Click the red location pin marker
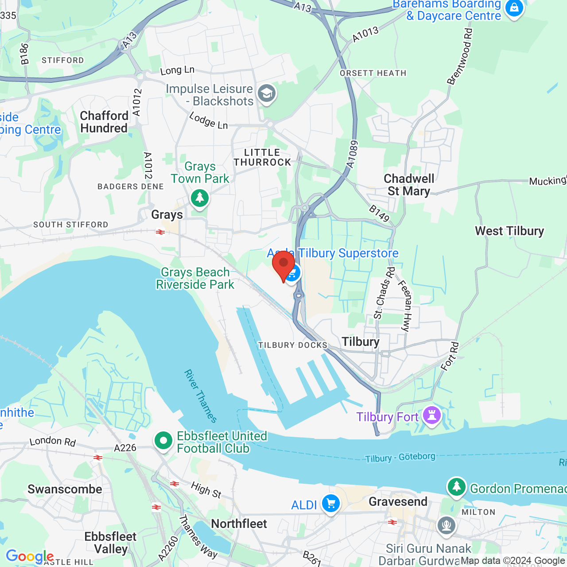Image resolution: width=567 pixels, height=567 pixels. coord(283,264)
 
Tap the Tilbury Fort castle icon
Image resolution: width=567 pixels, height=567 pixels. coord(432,416)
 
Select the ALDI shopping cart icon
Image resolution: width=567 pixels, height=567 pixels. coord(330,504)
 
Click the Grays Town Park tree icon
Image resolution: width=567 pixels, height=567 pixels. coord(200,198)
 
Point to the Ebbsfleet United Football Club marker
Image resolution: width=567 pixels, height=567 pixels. coord(163,441)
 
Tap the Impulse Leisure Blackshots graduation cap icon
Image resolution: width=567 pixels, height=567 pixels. coord(267,93)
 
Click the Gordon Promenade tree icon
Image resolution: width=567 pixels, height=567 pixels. coord(456,487)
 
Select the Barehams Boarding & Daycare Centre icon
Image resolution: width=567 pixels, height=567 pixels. coord(514,8)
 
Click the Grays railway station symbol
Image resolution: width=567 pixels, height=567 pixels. coord(160,232)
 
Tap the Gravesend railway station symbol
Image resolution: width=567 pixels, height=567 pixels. coord(392,522)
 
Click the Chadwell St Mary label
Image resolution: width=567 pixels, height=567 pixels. coord(409,185)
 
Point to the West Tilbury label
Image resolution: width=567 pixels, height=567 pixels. coord(509,231)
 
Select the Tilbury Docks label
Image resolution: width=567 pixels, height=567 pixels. coord(293,345)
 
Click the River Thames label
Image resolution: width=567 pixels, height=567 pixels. coord(201,396)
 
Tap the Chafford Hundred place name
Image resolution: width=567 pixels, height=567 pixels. coord(104,122)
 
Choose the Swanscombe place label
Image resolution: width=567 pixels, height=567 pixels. coord(65,489)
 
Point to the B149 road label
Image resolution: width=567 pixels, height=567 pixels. coord(379,213)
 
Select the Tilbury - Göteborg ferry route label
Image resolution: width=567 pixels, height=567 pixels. coord(400,457)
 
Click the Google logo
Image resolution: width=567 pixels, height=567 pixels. coord(29,556)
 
